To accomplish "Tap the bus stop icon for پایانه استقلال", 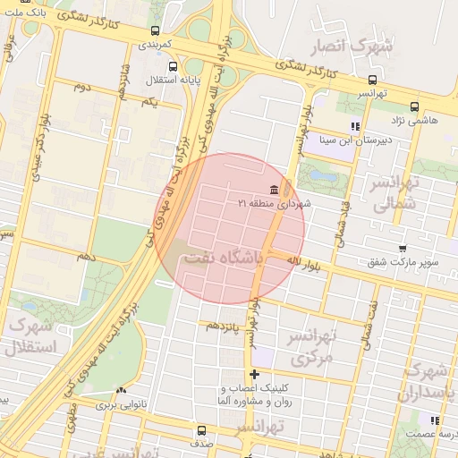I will click(173, 65).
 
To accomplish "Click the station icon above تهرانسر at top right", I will click(372, 80).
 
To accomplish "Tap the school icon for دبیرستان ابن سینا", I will click(355, 126).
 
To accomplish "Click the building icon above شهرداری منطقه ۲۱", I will click(273, 190).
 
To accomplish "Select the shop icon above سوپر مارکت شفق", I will click(403, 249).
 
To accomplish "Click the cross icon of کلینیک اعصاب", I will click(255, 374).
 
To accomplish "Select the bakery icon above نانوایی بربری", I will click(121, 390).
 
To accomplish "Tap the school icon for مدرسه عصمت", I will click(435, 420).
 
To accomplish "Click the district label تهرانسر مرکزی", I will click(310, 346).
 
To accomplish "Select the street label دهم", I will click(87, 256).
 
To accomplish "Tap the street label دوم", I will click(82, 87).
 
